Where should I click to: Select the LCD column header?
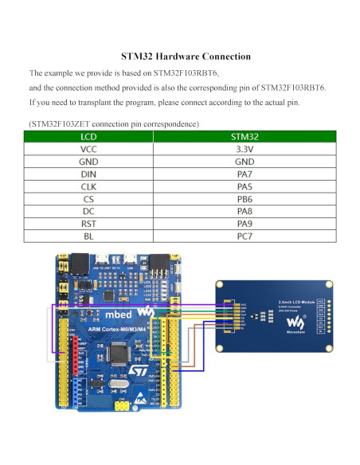point(90,136)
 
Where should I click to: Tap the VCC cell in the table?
point(90,148)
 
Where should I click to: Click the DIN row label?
point(90,173)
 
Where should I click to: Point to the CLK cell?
point(90,186)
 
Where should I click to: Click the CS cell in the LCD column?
point(90,198)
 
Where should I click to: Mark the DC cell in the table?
point(90,211)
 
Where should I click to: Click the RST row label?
point(90,224)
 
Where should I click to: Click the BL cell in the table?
point(90,236)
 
